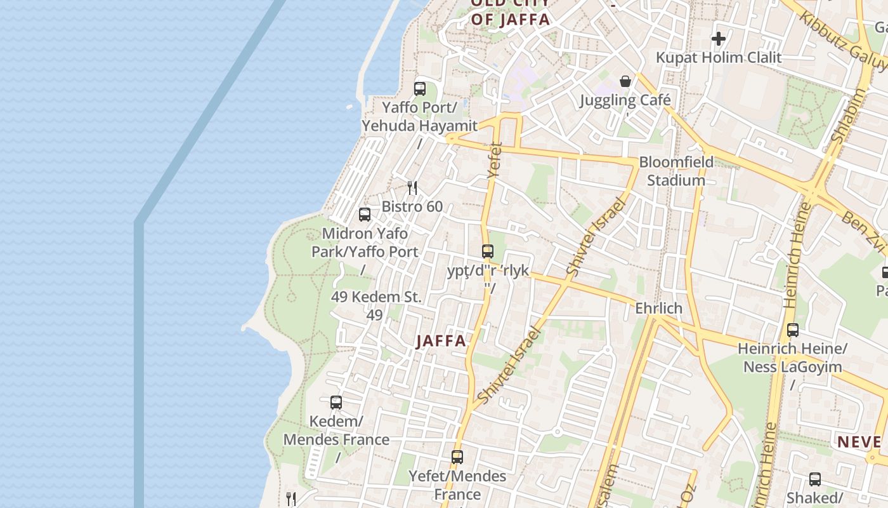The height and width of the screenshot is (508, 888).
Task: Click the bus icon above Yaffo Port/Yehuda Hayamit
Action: tap(420, 89)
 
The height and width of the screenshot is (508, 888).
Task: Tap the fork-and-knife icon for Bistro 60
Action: tap(412, 187)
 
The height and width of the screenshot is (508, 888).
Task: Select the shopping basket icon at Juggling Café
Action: tap(625, 81)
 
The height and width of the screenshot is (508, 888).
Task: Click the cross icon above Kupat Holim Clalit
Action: tap(718, 39)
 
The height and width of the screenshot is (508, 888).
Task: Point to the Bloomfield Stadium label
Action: tap(676, 171)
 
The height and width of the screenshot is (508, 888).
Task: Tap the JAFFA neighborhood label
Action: tap(441, 341)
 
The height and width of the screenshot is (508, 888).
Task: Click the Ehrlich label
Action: tap(659, 309)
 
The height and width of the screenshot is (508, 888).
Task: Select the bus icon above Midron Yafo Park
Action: tap(365, 215)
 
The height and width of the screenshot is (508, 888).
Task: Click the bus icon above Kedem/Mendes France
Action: tap(336, 403)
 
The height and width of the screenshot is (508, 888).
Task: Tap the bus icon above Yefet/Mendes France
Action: tap(457, 457)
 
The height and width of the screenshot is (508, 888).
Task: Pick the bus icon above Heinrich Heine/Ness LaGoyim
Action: tap(793, 330)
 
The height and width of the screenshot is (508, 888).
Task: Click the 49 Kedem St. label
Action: tap(376, 297)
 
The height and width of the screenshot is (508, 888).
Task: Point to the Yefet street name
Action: tap(495, 159)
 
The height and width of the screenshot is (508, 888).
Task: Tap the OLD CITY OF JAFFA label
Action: tap(510, 13)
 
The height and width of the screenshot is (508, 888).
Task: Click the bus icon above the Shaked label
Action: tap(815, 479)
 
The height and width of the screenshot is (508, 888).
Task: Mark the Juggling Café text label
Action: tap(625, 100)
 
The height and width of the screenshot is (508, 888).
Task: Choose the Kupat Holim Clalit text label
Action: tap(719, 58)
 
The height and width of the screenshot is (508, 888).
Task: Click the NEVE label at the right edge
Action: tap(859, 442)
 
